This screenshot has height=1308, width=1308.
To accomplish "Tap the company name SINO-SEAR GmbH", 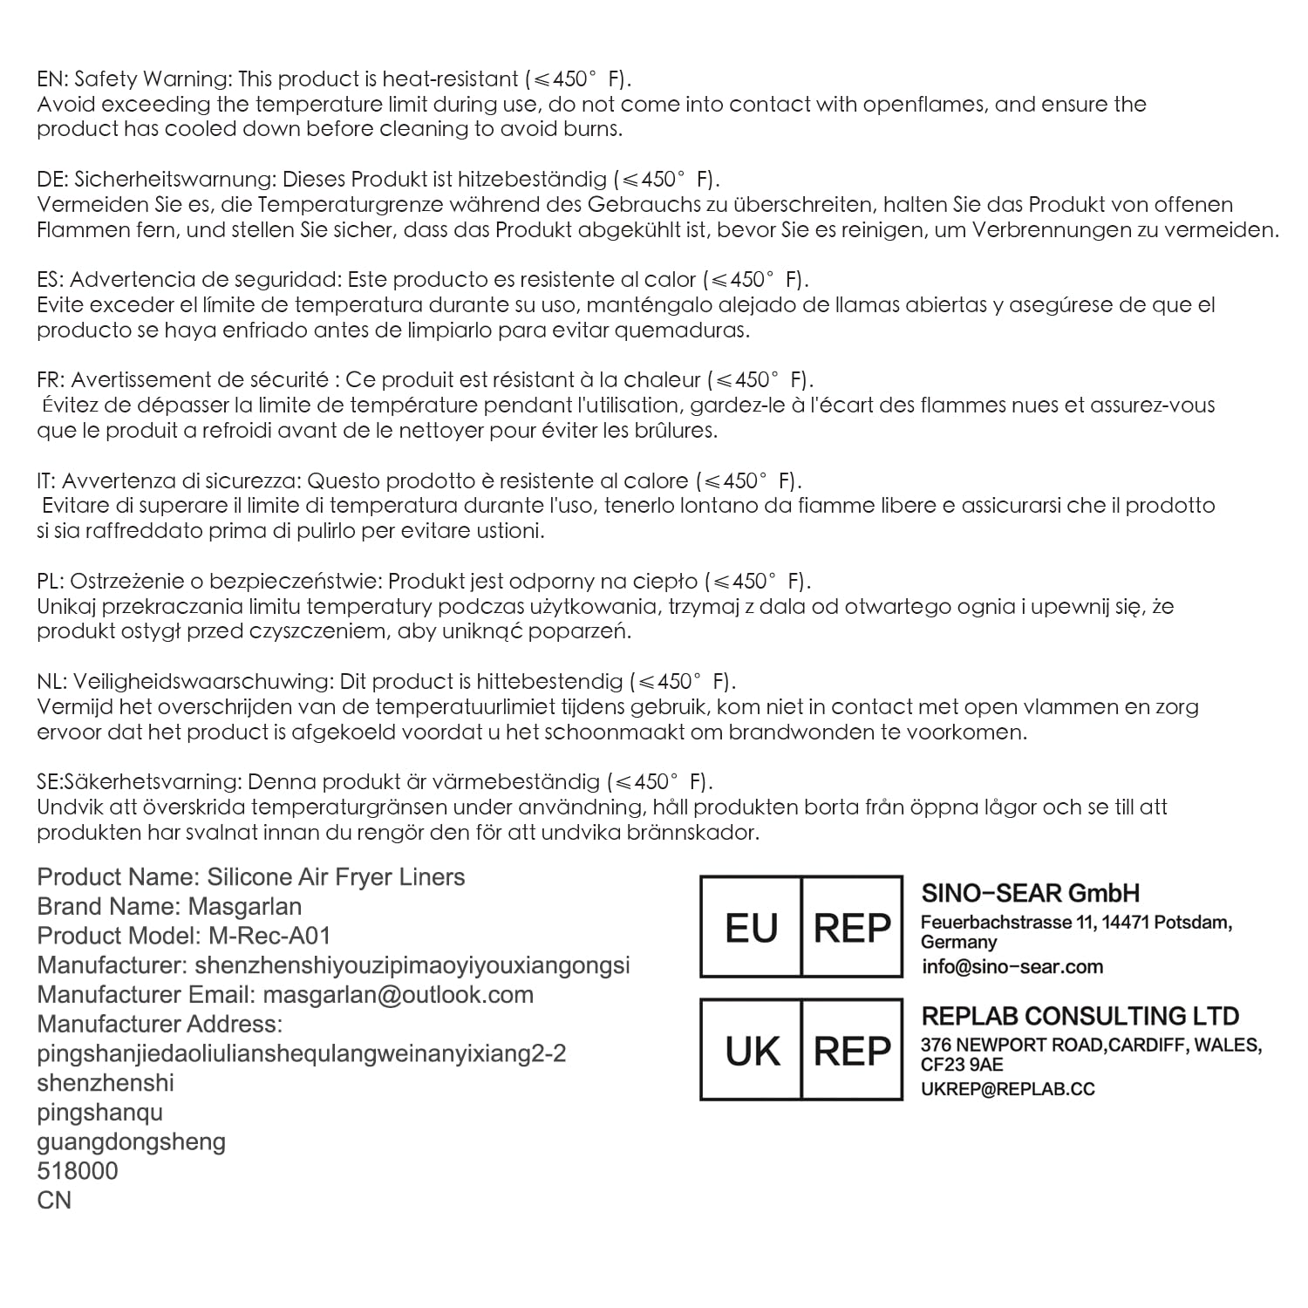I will click(x=1030, y=893).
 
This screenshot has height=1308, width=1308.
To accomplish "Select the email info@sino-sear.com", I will click(x=1012, y=966).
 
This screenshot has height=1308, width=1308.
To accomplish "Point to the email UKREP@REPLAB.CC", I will click(x=1007, y=1089).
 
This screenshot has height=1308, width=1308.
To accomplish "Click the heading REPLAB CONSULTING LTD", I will click(x=1080, y=1016).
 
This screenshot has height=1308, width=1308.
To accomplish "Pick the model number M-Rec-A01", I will click(x=270, y=936).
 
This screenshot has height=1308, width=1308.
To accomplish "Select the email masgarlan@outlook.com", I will click(x=398, y=994).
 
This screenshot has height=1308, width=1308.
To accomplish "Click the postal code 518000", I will click(x=78, y=1170).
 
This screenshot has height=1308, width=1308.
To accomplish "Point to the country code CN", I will click(x=54, y=1200).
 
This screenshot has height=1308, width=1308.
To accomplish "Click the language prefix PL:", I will click(x=50, y=581).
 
